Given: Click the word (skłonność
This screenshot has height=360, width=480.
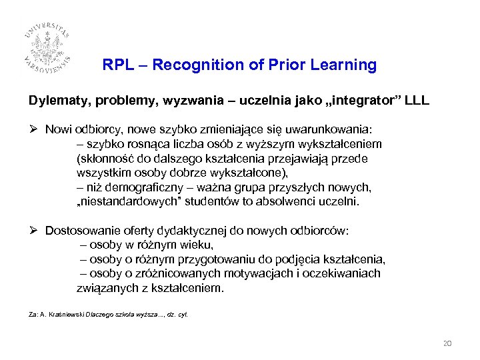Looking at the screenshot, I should [107, 159].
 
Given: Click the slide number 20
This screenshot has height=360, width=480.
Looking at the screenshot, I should [447, 343].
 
